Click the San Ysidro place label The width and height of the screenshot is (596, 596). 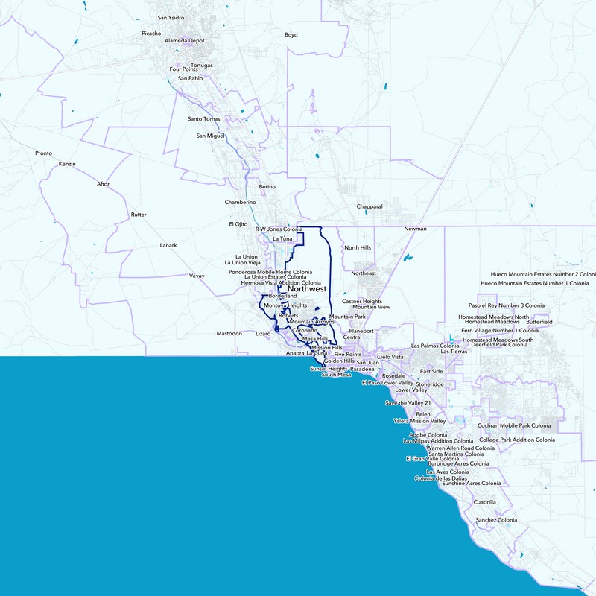pyautogui.click(x=173, y=17)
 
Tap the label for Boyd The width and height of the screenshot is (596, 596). pyautogui.click(x=291, y=35)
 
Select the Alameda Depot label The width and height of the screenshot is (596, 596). pyautogui.click(x=184, y=41)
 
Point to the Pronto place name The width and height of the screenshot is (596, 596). pyautogui.click(x=43, y=153)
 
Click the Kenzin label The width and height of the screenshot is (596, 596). pyautogui.click(x=67, y=164)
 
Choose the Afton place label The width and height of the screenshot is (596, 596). pyautogui.click(x=103, y=184)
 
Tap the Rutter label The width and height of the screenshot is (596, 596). pyautogui.click(x=139, y=215)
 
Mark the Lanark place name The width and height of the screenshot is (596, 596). pyautogui.click(x=168, y=245)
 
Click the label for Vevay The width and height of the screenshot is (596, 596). pyautogui.click(x=197, y=276)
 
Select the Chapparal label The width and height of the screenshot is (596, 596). pyautogui.click(x=370, y=206)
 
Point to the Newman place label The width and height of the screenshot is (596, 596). pyautogui.click(x=415, y=229)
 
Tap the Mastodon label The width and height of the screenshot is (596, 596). pyautogui.click(x=229, y=333)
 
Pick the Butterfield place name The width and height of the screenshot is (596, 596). pyautogui.click(x=539, y=322)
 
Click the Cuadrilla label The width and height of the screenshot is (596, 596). pyautogui.click(x=484, y=502)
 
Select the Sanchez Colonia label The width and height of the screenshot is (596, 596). pyautogui.click(x=496, y=520)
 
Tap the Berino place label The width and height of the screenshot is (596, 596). pyautogui.click(x=267, y=186)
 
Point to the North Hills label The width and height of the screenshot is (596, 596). pyautogui.click(x=357, y=247)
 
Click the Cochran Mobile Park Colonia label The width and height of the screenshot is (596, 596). pyautogui.click(x=514, y=425)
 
